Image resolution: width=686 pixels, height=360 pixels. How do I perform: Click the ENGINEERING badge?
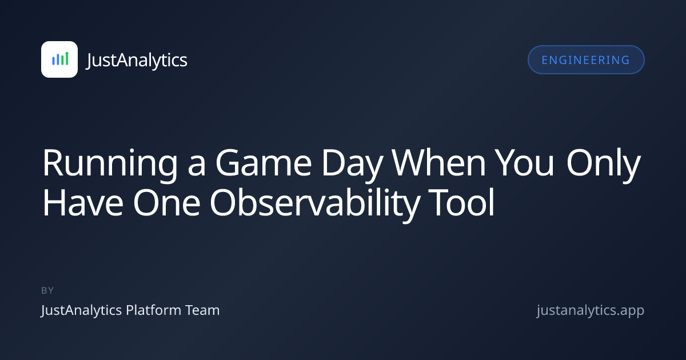pyautogui.click(x=586, y=59)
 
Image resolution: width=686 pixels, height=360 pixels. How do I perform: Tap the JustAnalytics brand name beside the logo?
pyautogui.click(x=137, y=61)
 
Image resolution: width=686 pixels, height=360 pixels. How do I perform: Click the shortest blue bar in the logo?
pyautogui.click(x=53, y=61)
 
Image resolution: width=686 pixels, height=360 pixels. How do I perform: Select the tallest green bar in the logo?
pyautogui.click(x=67, y=58)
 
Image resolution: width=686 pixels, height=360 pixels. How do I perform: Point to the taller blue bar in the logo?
pyautogui.click(x=58, y=59)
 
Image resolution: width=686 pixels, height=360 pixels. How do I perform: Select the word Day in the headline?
pyautogui.click(x=352, y=165)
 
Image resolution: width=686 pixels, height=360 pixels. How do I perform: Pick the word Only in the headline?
pyautogui.click(x=604, y=165)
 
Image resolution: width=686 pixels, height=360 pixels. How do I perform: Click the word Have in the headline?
pyautogui.click(x=83, y=203)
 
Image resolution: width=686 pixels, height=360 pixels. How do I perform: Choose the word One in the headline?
pyautogui.click(x=166, y=203)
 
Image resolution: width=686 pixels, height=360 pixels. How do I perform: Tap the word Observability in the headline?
pyautogui.click(x=314, y=205)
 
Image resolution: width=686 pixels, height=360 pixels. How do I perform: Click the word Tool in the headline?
pyautogui.click(x=461, y=202)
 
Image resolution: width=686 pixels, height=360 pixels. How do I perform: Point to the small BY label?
pyautogui.click(x=47, y=290)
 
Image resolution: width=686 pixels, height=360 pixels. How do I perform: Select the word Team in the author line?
pyautogui.click(x=203, y=310)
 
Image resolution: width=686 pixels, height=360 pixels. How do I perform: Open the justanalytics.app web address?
pyautogui.click(x=591, y=310)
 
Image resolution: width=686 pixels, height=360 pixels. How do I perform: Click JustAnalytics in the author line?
pyautogui.click(x=81, y=310)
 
